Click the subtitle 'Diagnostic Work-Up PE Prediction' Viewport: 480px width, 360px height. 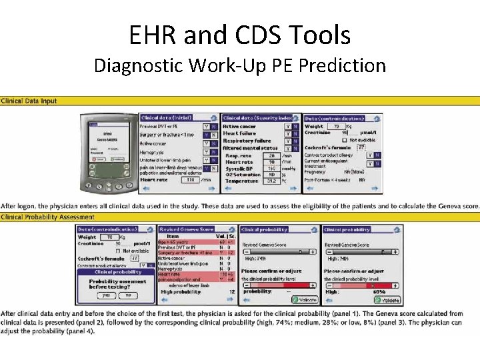pyautogui.click(x=239, y=65)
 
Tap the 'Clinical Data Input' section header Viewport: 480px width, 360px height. pyautogui.click(x=29, y=101)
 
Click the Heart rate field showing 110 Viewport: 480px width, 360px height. pyautogui.click(x=191, y=179)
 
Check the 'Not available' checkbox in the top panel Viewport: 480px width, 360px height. pyautogui.click(x=344, y=140)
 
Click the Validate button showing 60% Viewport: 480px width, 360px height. pyautogui.click(x=391, y=300)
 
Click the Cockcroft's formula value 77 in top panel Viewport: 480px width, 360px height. pyautogui.click(x=361, y=147)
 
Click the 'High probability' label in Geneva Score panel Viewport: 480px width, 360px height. pyautogui.click(x=179, y=291)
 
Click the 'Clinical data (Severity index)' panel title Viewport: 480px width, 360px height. pyautogui.click(x=257, y=118)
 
